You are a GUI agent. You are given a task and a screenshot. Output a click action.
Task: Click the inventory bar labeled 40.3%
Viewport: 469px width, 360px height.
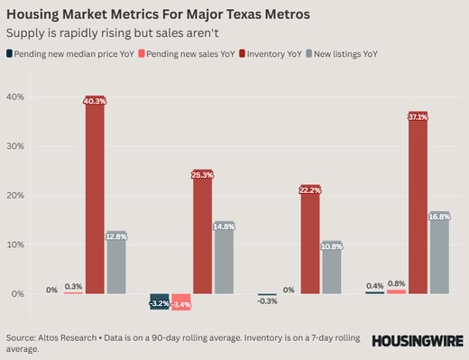point(95,198)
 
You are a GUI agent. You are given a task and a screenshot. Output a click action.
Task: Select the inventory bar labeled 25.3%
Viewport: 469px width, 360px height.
point(202,235)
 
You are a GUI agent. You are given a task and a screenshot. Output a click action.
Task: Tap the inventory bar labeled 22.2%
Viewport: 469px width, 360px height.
point(309,242)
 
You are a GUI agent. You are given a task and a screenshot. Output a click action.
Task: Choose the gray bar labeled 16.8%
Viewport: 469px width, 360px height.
point(439,255)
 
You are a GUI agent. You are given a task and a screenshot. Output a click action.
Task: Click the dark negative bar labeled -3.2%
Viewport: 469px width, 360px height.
point(160,302)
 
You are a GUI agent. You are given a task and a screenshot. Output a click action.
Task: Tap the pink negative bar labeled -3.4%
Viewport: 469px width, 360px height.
point(180,303)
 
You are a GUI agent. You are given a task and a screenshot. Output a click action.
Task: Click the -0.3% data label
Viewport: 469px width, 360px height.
point(267,301)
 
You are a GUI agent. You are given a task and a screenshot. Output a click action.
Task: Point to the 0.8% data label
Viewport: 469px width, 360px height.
point(396,284)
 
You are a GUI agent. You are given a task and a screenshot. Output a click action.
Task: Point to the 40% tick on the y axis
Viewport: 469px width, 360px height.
point(18,97)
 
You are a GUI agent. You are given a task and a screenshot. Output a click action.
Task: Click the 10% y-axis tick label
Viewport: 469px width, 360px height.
point(18,245)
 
